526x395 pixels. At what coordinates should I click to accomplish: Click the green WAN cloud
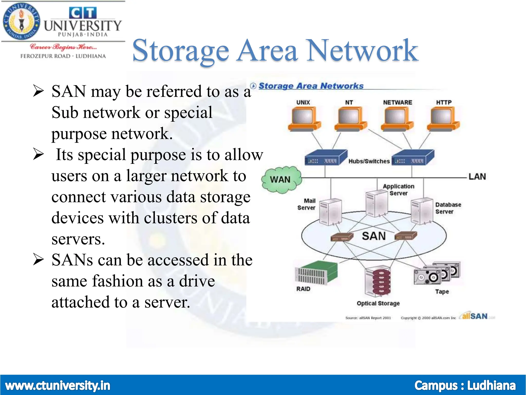281,179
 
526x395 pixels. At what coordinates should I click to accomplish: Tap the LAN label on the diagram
477,177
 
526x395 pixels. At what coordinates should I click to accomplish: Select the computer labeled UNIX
304,119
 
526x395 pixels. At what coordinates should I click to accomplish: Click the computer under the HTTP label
443,119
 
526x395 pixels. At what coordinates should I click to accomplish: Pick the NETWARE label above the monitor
397,102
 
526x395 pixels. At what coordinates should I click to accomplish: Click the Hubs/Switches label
369,161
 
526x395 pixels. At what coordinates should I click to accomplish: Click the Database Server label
448,208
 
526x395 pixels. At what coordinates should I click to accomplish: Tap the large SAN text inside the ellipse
374,236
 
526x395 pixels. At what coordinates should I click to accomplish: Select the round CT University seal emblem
22,22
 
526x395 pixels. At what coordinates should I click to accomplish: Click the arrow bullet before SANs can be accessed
39,260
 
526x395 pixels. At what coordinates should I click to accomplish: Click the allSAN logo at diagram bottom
475,316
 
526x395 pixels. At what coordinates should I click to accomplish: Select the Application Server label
398,190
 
